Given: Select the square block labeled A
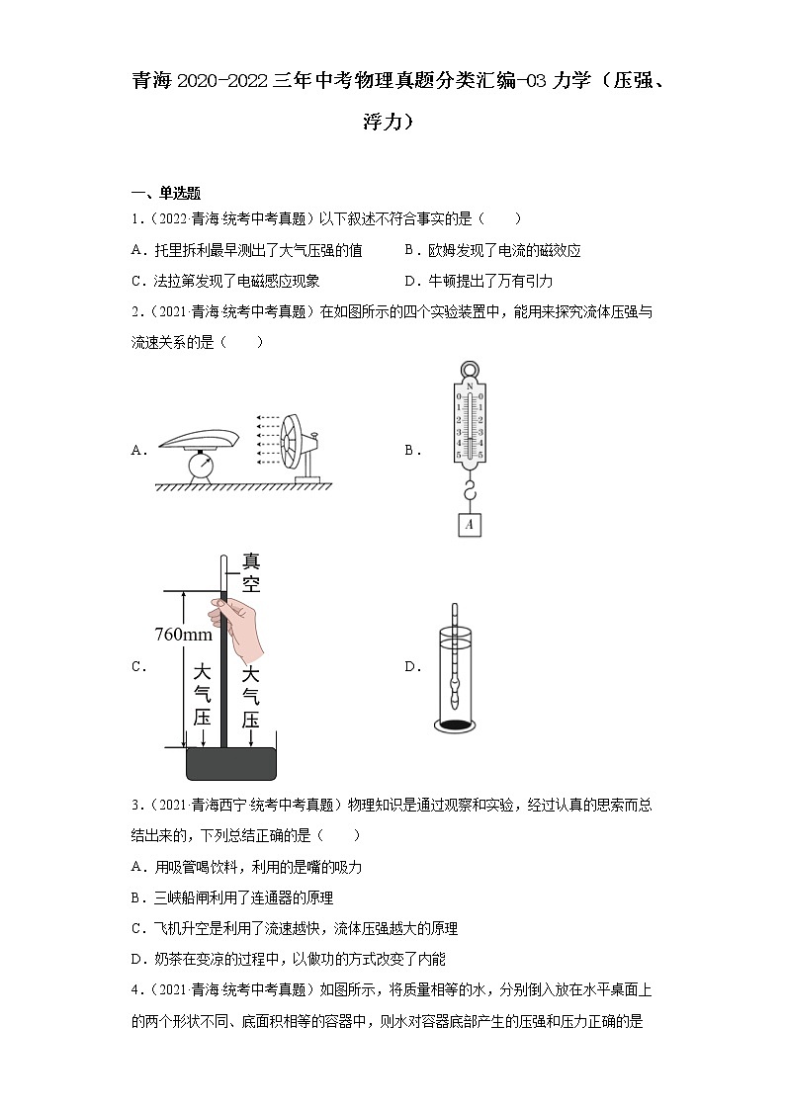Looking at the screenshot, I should tap(469, 524).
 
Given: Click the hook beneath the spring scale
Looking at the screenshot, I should tap(469, 488).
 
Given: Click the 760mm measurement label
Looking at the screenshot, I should tap(184, 635).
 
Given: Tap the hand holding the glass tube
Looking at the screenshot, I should tap(239, 627).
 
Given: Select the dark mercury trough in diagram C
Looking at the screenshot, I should tap(231, 763).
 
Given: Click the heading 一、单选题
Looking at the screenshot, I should tap(165, 194).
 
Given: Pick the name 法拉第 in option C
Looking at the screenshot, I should tap(170, 281).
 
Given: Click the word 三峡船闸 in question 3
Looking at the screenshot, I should tap(182, 897).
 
